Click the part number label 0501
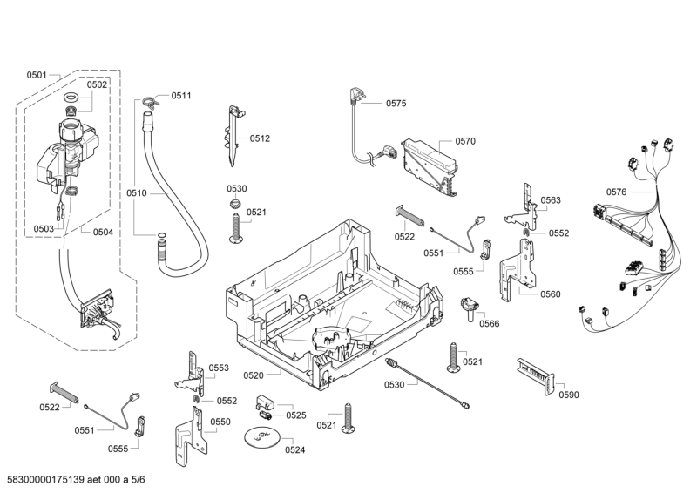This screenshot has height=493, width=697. coord(36,76)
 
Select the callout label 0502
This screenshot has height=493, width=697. coord(97,84)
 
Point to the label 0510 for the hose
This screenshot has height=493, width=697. coord(137,192)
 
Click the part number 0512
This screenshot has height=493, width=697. coord(260,138)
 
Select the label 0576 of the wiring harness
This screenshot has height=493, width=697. coord(617,192)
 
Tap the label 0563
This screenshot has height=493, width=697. coord(550,200)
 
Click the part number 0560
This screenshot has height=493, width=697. coord(550,294)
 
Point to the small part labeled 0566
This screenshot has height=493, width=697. coord(471,305)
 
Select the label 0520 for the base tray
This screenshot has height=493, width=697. coord(254,375)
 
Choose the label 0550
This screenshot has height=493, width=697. coord(220,422)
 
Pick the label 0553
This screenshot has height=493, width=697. coord(219,368)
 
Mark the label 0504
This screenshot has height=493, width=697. coord(103,231)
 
